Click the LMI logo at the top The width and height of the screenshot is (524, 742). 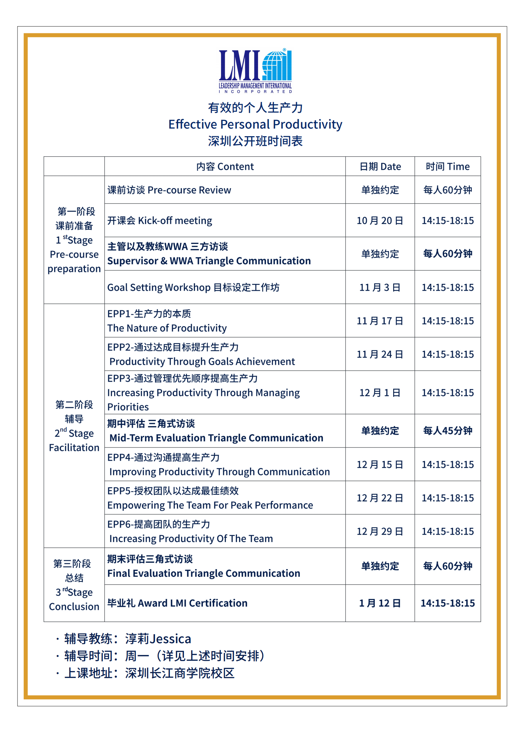point(255,71)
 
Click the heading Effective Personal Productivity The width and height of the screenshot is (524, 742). point(255,124)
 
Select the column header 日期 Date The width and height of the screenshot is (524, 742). point(380,167)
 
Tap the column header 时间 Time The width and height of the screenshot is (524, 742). point(447,167)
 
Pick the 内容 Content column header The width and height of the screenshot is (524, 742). point(225,167)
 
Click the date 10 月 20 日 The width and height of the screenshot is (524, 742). point(380,220)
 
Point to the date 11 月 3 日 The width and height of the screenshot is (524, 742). point(380,287)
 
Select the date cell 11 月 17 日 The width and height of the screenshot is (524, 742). point(380,321)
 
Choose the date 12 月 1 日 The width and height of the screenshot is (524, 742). point(380,393)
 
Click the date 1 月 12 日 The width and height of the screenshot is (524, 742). point(380,603)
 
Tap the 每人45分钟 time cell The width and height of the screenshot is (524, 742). point(447,431)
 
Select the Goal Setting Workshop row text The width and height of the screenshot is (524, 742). point(193,287)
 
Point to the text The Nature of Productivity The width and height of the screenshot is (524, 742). point(167,328)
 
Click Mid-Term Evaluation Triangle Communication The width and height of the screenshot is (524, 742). point(216,438)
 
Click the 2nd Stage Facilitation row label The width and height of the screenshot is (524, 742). point(74,440)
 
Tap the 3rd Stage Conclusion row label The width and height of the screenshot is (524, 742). point(74,599)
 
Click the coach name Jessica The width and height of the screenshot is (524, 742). point(170,639)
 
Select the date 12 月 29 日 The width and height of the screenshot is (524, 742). point(380,531)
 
